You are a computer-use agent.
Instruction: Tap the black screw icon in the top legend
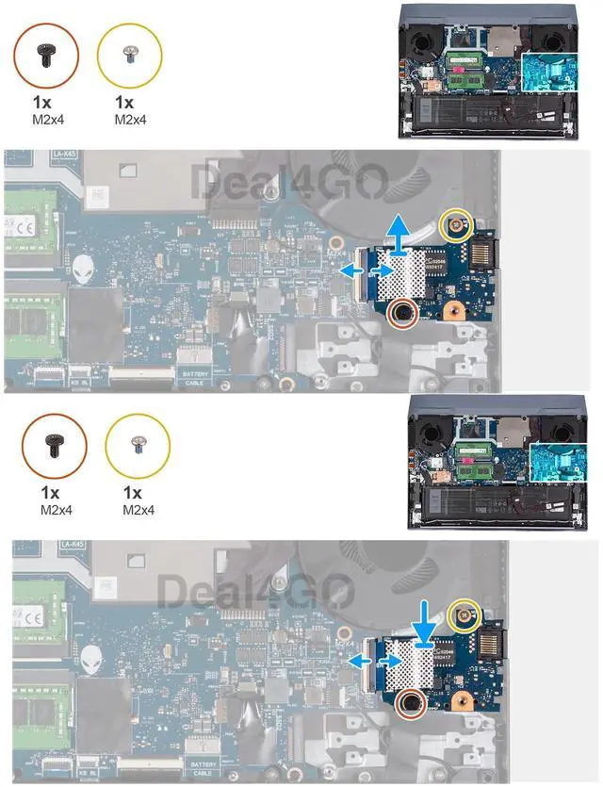[45, 56]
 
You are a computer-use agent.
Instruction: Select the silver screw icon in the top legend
[130, 56]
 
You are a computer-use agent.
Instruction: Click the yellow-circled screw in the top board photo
[457, 224]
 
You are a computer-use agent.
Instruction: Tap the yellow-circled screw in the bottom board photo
[464, 615]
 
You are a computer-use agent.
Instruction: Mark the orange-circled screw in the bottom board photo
[411, 702]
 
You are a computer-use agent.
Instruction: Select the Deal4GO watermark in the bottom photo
[254, 592]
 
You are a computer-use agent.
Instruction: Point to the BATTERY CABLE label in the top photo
[194, 379]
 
